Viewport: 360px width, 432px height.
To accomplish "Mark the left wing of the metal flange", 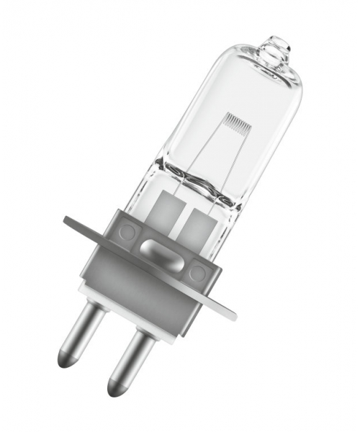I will click(x=84, y=226).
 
